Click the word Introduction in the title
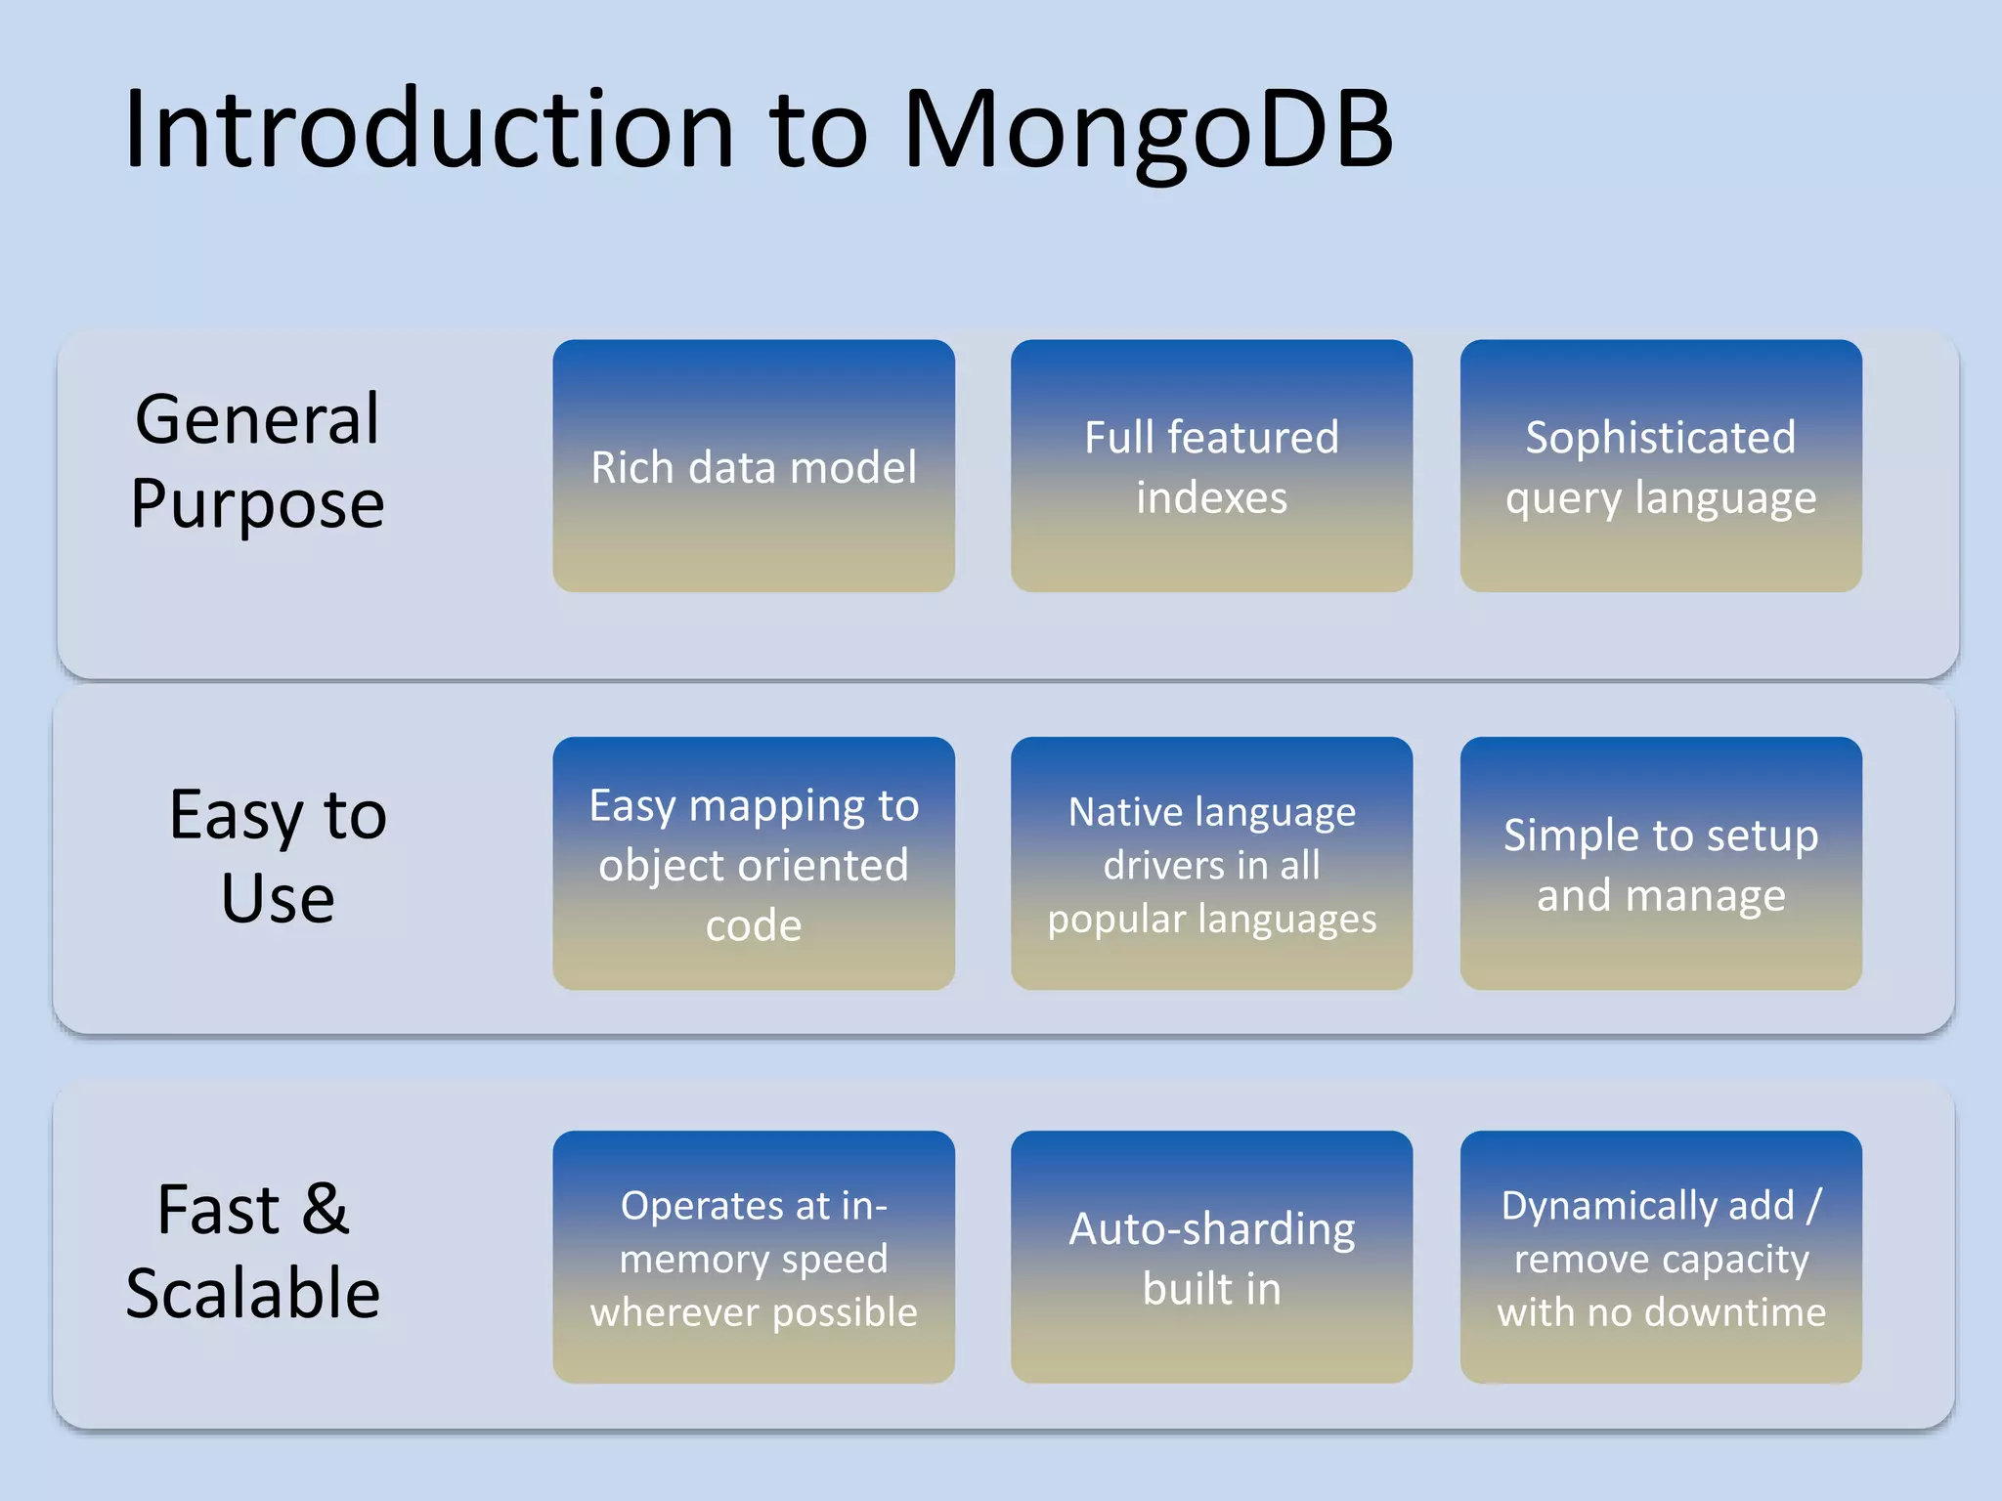click(x=428, y=130)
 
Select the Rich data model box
click(x=754, y=466)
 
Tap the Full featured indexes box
click(x=1211, y=466)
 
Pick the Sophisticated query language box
click(x=1661, y=466)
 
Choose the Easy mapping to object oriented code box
click(x=754, y=864)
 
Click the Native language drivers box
click(x=1211, y=864)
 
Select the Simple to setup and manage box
click(x=1661, y=864)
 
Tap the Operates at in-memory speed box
click(x=754, y=1258)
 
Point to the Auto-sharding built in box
click(x=1211, y=1258)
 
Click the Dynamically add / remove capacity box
click(x=1661, y=1258)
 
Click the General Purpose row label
click(x=257, y=460)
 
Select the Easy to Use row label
click(x=278, y=855)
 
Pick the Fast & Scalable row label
click(x=253, y=1251)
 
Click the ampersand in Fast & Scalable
click(x=325, y=1209)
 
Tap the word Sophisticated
click(x=1661, y=437)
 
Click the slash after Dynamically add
click(x=1813, y=1205)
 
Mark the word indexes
click(x=1211, y=497)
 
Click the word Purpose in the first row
click(x=257, y=504)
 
